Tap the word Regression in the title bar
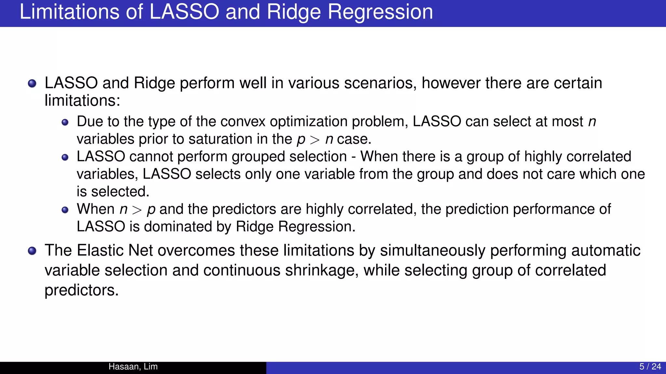tap(380, 12)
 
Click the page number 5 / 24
tap(650, 367)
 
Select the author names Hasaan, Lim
tap(133, 367)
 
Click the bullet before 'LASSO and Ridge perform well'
tap(32, 84)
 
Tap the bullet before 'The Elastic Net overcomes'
tap(32, 251)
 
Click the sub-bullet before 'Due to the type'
tap(65, 122)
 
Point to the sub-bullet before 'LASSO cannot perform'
tap(65, 157)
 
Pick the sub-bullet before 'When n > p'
tap(65, 210)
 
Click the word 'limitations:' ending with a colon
tap(82, 101)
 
